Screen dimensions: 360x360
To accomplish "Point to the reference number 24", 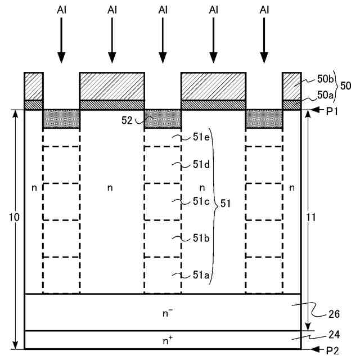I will tap(334, 335).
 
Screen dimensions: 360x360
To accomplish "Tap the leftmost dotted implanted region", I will tap(61, 119).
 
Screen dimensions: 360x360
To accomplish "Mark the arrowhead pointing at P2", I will tap(316, 349).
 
